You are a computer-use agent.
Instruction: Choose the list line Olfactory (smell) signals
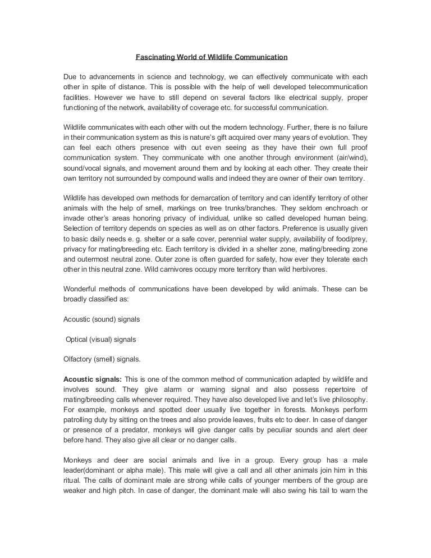pos(102,359)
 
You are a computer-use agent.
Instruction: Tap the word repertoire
pos(346,390)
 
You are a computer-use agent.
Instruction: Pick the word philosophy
pos(346,400)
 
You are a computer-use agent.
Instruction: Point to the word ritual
pos(73,481)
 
